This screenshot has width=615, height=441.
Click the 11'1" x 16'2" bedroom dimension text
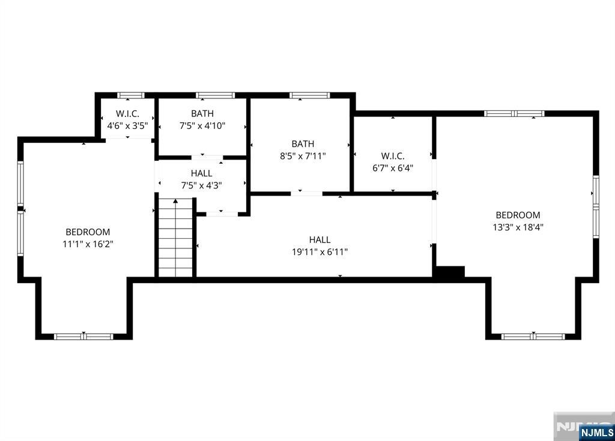click(x=88, y=244)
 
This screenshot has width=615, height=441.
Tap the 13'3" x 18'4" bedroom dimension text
click(x=518, y=227)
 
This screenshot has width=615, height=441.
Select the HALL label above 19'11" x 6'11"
click(x=320, y=239)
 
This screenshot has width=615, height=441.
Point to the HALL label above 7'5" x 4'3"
click(x=202, y=173)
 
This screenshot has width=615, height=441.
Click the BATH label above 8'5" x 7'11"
click(x=303, y=144)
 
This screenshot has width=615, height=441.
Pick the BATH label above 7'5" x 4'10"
click(x=202, y=113)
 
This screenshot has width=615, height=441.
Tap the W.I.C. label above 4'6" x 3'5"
click(x=127, y=114)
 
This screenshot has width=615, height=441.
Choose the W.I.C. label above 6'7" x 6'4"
click(x=393, y=156)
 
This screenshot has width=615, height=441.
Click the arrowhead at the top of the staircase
click(x=176, y=201)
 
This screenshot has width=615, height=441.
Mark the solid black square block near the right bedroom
click(x=450, y=272)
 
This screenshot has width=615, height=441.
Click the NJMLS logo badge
click(x=597, y=433)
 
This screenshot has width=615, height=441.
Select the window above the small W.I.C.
click(x=131, y=95)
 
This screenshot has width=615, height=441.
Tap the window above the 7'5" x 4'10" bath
click(x=216, y=95)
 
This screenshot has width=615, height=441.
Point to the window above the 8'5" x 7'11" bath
click(x=310, y=95)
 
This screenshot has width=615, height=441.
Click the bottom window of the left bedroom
click(x=83, y=337)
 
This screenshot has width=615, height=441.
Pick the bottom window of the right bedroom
click(x=533, y=337)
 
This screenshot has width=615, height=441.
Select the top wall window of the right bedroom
click(x=514, y=113)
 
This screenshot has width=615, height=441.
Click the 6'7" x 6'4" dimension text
click(x=393, y=168)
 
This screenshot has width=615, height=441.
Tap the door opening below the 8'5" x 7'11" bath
click(x=307, y=194)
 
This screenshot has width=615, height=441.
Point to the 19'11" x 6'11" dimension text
click(x=320, y=251)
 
